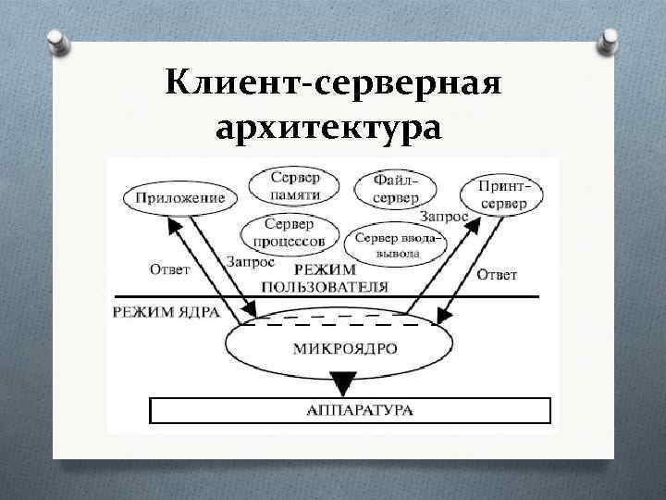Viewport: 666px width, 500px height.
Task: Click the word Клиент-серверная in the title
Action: [333, 85]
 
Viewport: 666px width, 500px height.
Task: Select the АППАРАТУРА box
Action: [350, 409]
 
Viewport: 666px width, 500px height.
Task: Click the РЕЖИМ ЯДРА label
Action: [166, 312]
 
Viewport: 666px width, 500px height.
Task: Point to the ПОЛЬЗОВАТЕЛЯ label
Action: [324, 286]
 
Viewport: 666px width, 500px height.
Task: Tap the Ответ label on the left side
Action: [169, 269]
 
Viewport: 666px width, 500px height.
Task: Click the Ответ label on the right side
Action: [497, 275]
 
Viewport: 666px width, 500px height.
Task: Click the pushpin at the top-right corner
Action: [610, 39]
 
